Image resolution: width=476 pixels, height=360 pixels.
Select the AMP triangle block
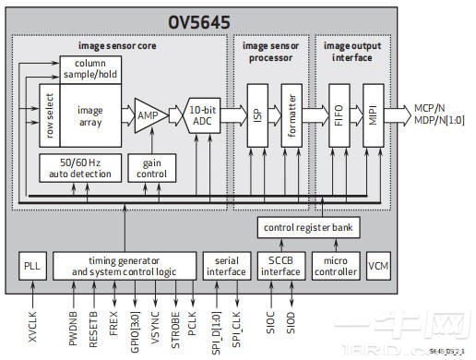click(x=145, y=116)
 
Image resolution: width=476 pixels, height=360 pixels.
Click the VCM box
click(x=378, y=265)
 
